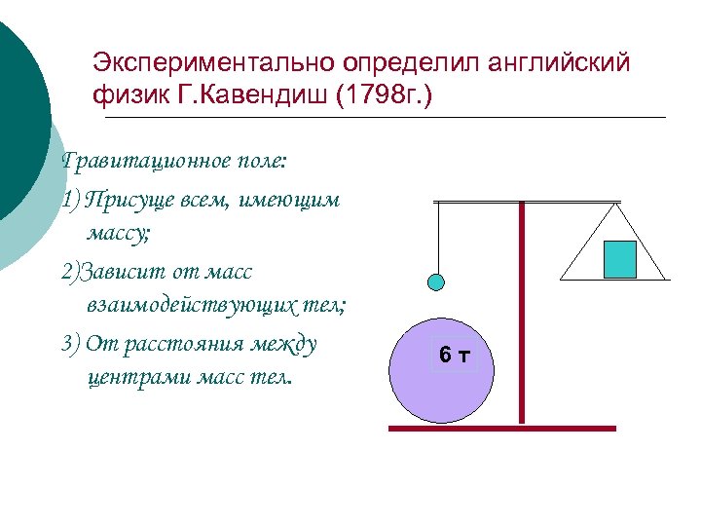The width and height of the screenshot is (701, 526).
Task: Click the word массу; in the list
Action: click(117, 234)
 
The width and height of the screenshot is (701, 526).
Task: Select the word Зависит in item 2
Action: click(114, 270)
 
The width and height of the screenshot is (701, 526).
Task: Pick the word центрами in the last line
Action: click(129, 378)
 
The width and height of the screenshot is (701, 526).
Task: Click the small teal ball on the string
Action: click(437, 282)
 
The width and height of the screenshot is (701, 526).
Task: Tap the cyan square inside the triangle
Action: click(619, 259)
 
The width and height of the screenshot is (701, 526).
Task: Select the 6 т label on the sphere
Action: click(454, 356)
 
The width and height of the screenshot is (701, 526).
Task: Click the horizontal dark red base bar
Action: click(502, 428)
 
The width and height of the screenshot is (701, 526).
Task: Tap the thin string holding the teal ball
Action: click(437, 239)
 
